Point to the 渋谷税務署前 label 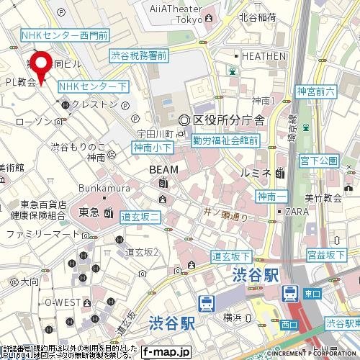point(139,55)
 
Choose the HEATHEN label point(265,56)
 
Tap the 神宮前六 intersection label point(315,91)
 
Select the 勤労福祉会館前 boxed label point(226,142)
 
